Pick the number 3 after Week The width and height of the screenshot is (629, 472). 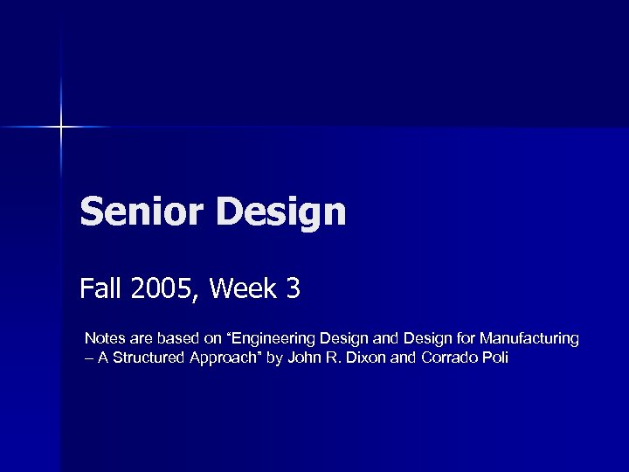[x=293, y=288]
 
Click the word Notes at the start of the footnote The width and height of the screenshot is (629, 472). [x=103, y=338]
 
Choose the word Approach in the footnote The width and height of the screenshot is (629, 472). [x=220, y=358]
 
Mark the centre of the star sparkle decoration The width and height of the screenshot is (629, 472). [x=61, y=128]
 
